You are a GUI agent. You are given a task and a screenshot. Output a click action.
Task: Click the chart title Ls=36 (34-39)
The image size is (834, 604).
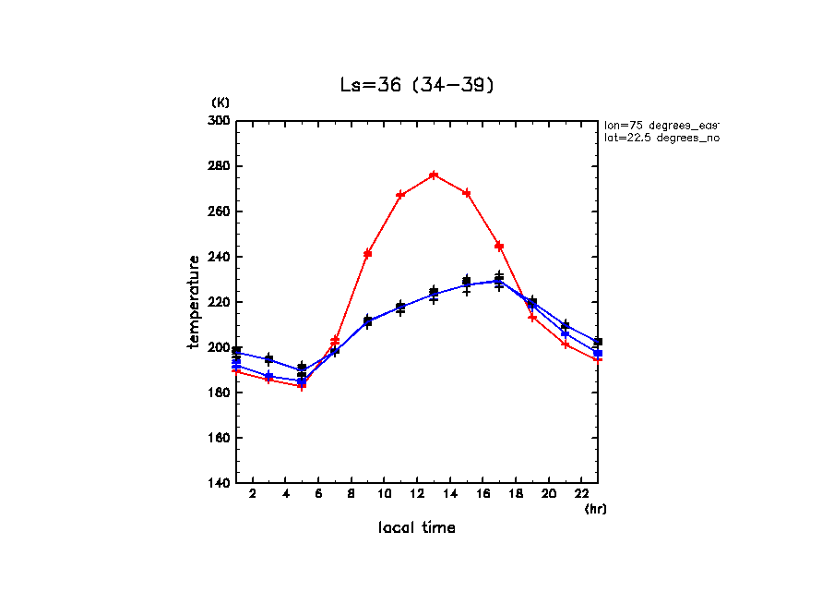[418, 85]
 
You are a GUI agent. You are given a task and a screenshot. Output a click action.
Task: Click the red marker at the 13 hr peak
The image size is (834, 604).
[434, 175]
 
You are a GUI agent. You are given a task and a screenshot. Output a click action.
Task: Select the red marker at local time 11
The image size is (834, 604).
[400, 195]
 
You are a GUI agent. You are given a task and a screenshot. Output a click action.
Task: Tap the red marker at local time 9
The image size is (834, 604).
[367, 253]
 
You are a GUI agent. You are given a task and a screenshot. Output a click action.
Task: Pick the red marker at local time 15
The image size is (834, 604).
[467, 193]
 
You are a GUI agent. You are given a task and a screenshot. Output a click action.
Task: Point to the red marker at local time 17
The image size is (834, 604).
[499, 246]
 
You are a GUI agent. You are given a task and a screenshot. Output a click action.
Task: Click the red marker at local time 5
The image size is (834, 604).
[302, 385]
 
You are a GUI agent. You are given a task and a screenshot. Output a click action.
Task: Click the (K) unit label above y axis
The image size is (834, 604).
[220, 103]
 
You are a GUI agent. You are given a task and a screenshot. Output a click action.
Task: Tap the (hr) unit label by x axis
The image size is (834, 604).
[596, 509]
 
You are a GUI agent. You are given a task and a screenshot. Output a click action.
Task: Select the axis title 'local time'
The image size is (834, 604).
[417, 528]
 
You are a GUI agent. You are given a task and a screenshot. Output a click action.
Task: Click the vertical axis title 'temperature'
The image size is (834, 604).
[194, 302]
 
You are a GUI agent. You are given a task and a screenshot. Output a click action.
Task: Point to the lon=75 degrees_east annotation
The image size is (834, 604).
[661, 125]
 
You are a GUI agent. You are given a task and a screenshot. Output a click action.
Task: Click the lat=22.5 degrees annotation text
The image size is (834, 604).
[661, 138]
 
